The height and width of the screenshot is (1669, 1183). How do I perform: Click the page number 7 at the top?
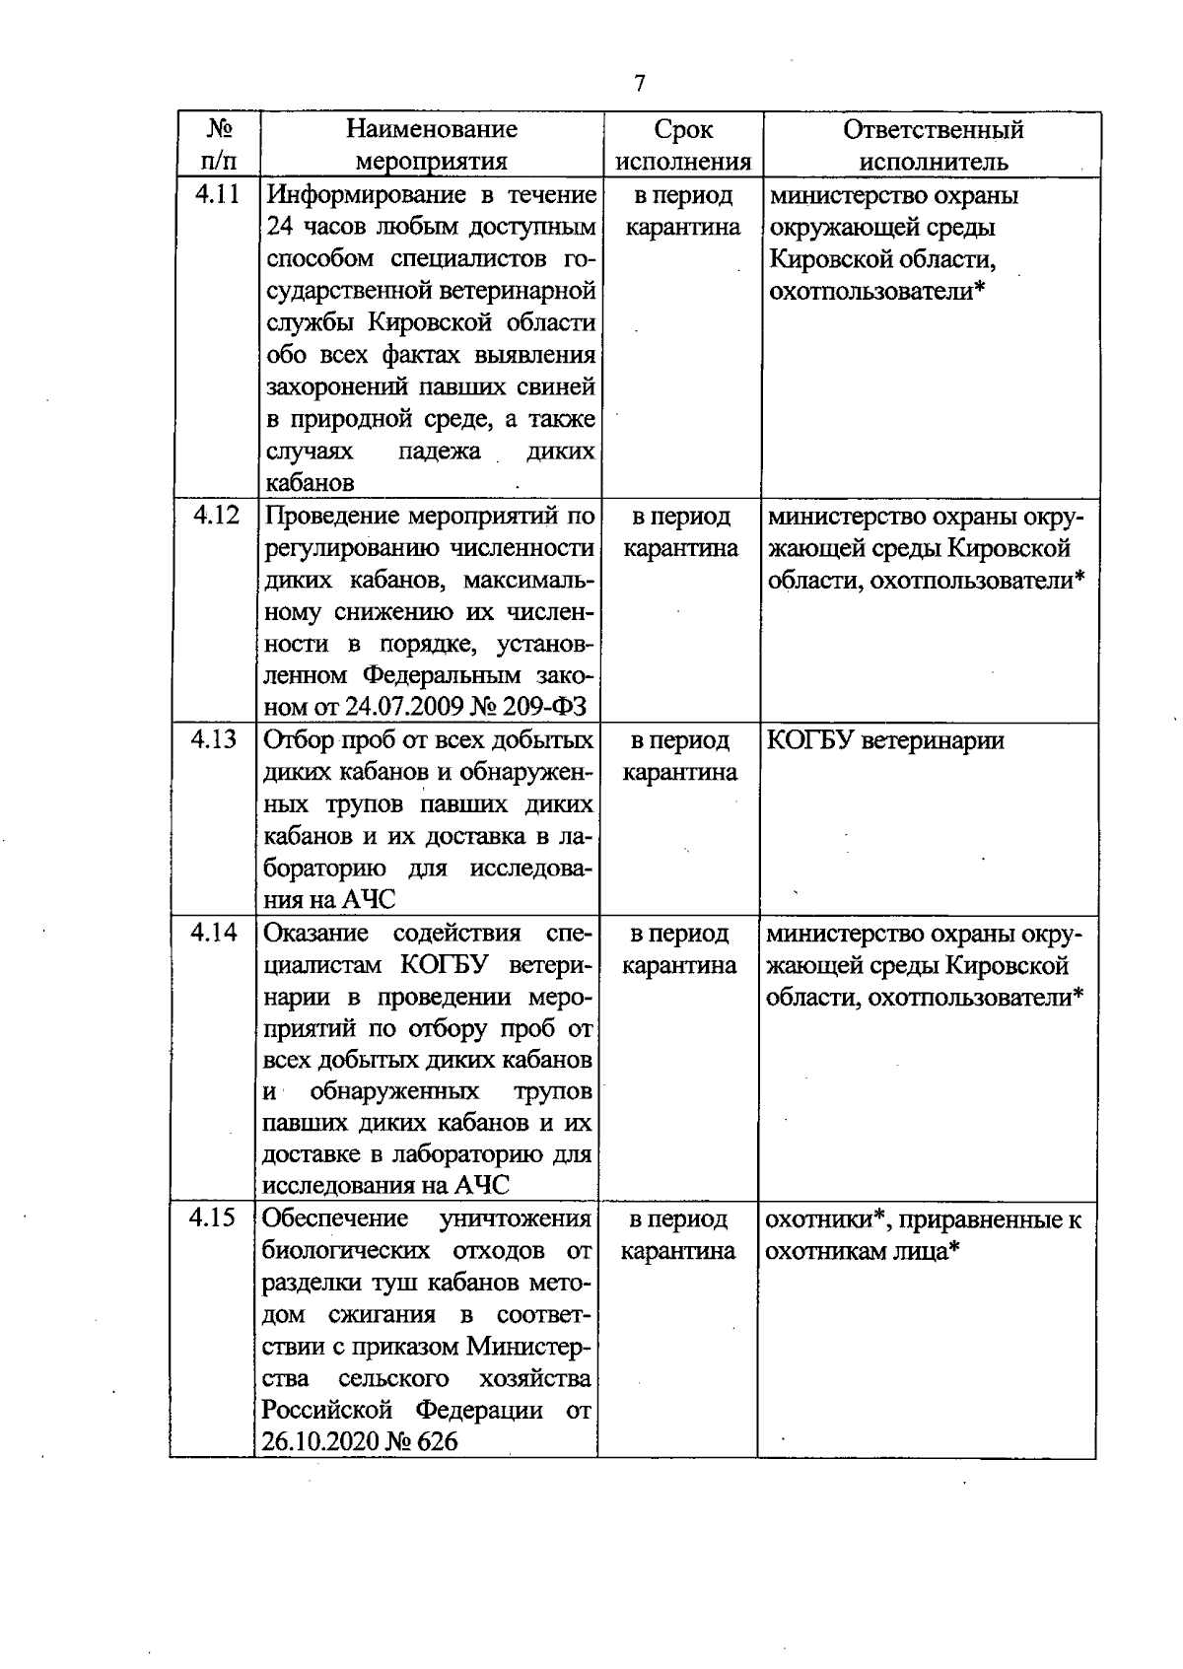[640, 84]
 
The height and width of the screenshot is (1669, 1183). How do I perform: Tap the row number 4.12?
[217, 515]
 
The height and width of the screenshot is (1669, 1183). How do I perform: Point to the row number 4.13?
[216, 739]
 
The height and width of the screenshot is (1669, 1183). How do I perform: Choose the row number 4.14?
[215, 933]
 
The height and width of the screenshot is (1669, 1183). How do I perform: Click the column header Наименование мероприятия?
[431, 145]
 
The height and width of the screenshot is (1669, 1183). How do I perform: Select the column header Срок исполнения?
[683, 145]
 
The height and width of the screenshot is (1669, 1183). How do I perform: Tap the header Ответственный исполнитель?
[933, 145]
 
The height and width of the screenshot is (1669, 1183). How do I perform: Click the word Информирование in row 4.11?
[356, 194]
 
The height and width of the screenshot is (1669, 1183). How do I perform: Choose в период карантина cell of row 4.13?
[680, 756]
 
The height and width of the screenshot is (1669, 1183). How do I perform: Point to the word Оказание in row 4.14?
[315, 933]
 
